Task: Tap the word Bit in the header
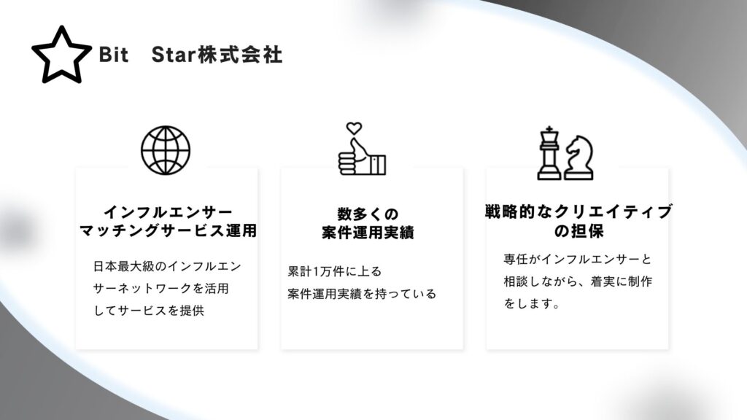click(x=113, y=55)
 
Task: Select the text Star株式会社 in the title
click(x=217, y=55)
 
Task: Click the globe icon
click(x=166, y=150)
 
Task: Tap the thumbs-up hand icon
click(x=362, y=157)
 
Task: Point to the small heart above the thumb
click(x=354, y=128)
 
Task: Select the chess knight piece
click(x=579, y=157)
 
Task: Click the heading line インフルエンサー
click(x=169, y=212)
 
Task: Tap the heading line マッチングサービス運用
click(x=169, y=231)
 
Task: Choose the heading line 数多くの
click(x=368, y=214)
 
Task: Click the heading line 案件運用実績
click(x=368, y=233)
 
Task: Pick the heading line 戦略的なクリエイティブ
click(x=578, y=212)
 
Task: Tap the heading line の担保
click(x=578, y=231)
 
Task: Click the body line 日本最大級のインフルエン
click(x=167, y=266)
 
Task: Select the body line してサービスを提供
click(x=149, y=311)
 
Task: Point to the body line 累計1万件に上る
click(x=334, y=271)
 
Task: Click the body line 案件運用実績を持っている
click(x=362, y=294)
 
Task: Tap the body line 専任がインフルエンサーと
click(x=578, y=259)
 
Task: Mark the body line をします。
click(x=532, y=303)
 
